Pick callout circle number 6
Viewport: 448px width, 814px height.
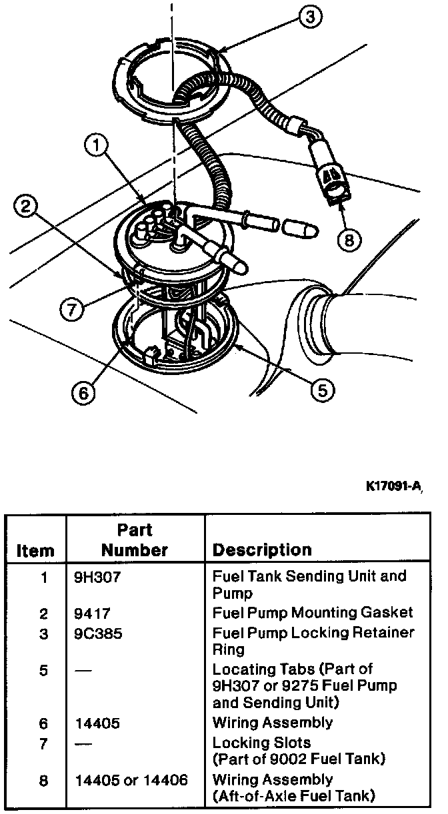pos(83,393)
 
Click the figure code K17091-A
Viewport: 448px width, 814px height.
pos(393,487)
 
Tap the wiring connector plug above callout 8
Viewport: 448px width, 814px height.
pos(331,179)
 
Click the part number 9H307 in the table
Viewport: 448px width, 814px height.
pos(97,577)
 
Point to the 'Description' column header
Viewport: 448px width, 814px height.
pos(261,550)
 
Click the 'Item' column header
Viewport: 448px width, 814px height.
pos(35,551)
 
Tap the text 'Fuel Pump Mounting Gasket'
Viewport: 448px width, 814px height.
pos(312,613)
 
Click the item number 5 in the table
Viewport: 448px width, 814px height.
pos(44,669)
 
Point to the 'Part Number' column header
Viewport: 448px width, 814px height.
pos(135,540)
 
